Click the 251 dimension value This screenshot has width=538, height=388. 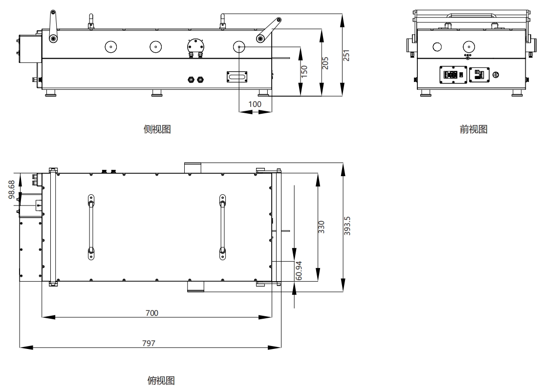pos(346,55)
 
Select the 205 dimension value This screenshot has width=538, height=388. pos(325,63)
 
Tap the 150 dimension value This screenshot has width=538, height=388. pos(304,71)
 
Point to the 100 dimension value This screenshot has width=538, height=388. pos(255,104)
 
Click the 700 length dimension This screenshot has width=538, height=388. pos(151,313)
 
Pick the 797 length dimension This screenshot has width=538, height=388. pos(149,343)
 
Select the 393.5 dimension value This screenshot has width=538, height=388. pos(347,226)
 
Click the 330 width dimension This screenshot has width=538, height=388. pos(321,227)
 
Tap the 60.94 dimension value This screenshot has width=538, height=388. pos(299,271)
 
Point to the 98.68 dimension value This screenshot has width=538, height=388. pos(12,189)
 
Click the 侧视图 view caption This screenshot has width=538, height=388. pos(157,129)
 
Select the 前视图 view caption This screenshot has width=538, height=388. pos(473,129)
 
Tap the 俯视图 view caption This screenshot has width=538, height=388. pos(161,381)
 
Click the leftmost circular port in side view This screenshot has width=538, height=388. pos(111,47)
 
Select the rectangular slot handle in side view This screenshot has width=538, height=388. pos(237,77)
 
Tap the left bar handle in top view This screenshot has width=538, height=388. pos(91,227)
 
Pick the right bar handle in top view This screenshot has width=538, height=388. pos(222,227)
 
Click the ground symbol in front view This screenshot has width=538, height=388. pos(495,75)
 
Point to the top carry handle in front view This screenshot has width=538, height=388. pos(471,16)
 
